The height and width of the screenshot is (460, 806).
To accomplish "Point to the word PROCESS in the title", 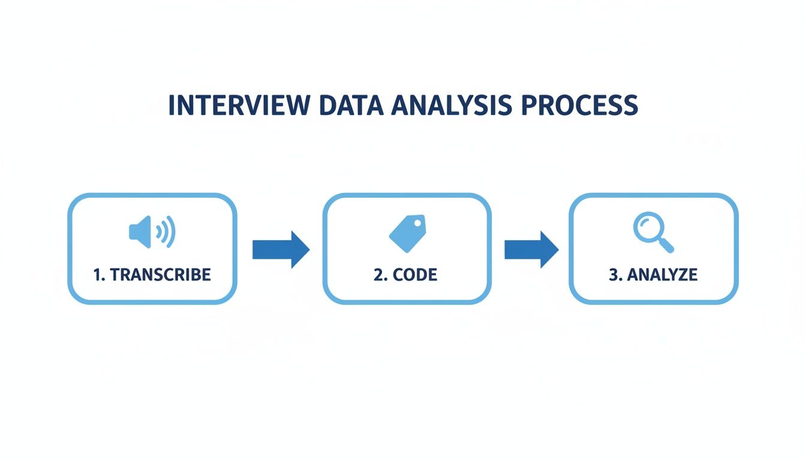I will coord(576,105).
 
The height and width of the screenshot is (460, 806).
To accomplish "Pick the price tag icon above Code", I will coord(407,234).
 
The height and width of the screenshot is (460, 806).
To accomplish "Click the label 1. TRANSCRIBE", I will coord(152,275).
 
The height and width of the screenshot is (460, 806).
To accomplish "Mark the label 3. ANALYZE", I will coord(653,275).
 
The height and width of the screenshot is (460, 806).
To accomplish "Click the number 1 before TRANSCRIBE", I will coord(97,275).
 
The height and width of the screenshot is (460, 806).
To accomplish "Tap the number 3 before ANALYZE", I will coord(612,275).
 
